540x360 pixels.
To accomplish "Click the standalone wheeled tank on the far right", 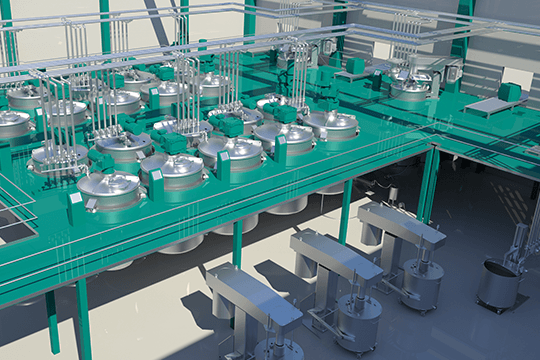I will pyautogui.click(x=497, y=284).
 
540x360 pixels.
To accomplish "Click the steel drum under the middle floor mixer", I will pyautogui.click(x=358, y=322).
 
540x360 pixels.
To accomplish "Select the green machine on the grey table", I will pyautogui.click(x=510, y=93).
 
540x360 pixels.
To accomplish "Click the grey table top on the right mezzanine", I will pyautogui.click(x=490, y=106).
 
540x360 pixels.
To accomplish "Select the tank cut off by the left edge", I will pyautogui.click(x=10, y=124).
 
